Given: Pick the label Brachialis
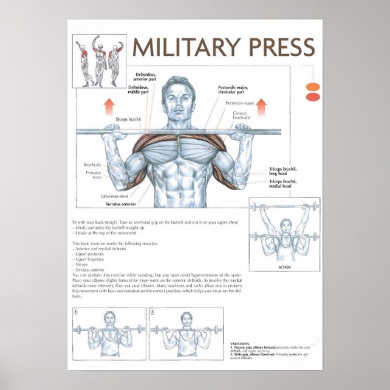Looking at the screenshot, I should tap(92, 165).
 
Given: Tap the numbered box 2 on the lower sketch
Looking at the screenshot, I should tap(152, 311).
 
